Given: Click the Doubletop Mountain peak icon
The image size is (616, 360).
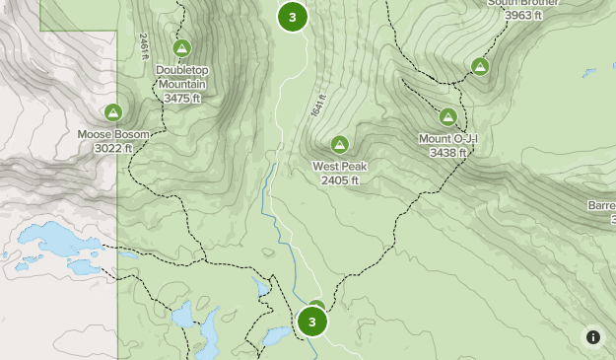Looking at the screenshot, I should (181, 48).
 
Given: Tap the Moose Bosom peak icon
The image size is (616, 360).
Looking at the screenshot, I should (113, 112).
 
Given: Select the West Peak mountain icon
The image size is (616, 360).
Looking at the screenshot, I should (340, 145).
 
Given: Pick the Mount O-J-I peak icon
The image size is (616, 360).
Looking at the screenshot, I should (448, 117).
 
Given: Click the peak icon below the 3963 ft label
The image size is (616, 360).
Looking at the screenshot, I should (480, 67).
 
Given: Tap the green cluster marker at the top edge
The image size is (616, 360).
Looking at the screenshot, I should (292, 16).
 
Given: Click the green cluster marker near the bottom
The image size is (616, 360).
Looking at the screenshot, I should (311, 322).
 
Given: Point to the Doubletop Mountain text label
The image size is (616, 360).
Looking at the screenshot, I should (182, 78).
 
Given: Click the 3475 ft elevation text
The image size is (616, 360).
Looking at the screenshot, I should (182, 99).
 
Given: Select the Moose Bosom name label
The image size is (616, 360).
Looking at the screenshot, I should (114, 134).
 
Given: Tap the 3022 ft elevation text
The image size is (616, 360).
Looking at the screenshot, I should (114, 148).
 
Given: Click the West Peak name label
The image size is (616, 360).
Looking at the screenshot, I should (340, 167).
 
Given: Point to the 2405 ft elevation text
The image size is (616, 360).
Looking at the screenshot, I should (340, 180).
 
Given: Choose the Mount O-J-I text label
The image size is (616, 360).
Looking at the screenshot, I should (448, 139).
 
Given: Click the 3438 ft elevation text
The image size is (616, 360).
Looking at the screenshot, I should (448, 153).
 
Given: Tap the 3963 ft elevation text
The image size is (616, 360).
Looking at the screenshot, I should (523, 15).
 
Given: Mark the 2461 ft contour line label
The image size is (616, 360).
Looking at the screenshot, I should (144, 44).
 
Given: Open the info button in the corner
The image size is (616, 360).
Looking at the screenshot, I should (593, 337).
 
